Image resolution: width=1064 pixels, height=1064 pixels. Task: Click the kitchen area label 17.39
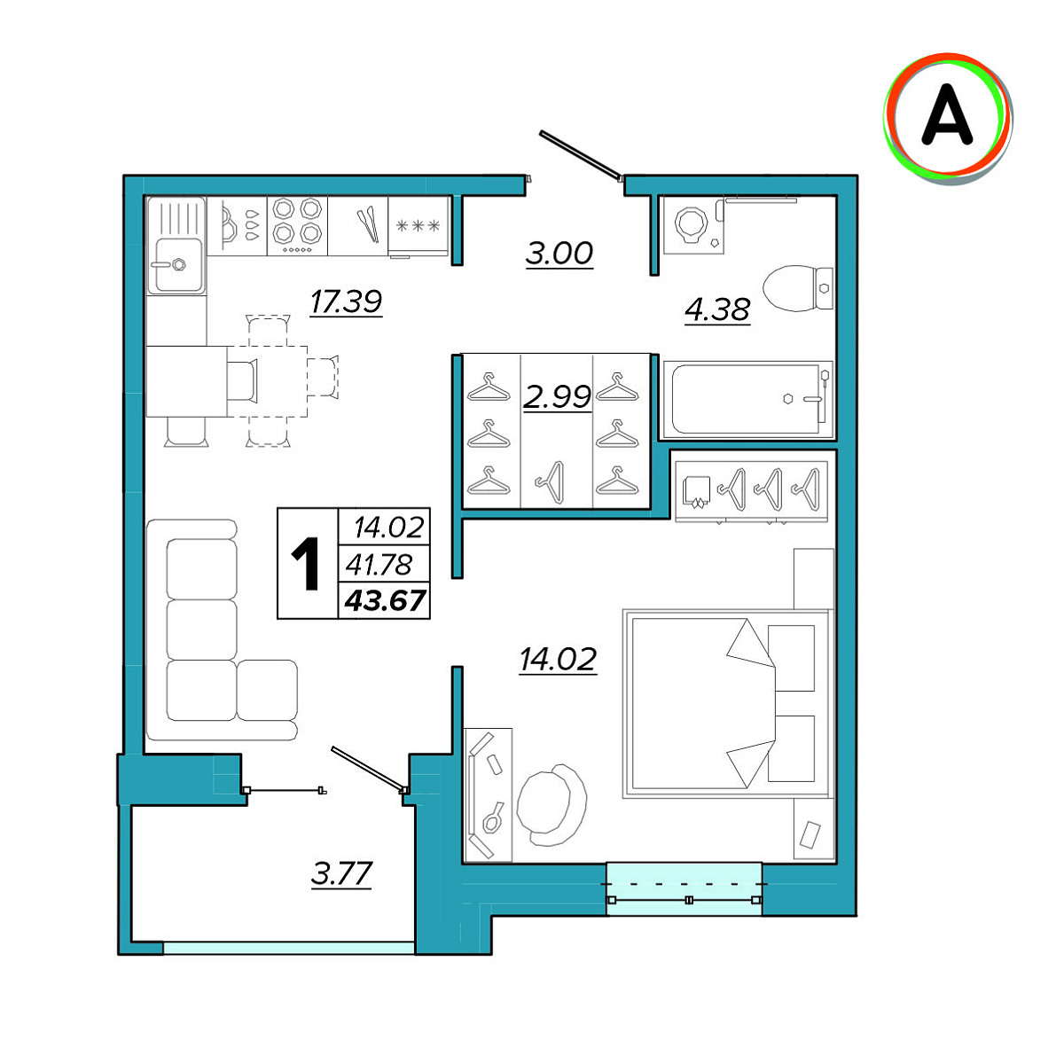[346, 301]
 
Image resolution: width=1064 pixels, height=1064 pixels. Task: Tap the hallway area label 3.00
[559, 254]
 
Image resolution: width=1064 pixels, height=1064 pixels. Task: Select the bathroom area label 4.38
[717, 309]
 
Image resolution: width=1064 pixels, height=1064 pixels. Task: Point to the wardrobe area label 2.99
[557, 396]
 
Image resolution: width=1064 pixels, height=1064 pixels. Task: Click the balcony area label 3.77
[341, 874]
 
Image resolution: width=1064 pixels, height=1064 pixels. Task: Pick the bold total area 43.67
[386, 600]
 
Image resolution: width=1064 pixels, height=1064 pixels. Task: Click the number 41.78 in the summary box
[379, 564]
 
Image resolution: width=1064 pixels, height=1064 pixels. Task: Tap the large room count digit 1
[305, 563]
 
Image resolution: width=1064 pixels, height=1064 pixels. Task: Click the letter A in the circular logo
[947, 114]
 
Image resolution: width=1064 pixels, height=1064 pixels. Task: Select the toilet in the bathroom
[798, 287]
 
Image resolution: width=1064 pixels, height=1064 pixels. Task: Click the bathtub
[747, 399]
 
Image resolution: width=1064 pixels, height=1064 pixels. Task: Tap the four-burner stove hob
[298, 226]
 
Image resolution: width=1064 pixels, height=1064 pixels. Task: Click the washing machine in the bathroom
[693, 224]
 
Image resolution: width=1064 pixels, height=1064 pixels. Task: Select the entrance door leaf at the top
[580, 155]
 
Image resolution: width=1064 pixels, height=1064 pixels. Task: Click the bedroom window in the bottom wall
[685, 888]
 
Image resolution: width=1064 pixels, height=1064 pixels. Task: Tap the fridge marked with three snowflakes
[418, 227]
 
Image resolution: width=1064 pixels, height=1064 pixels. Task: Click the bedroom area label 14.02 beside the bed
[558, 660]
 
